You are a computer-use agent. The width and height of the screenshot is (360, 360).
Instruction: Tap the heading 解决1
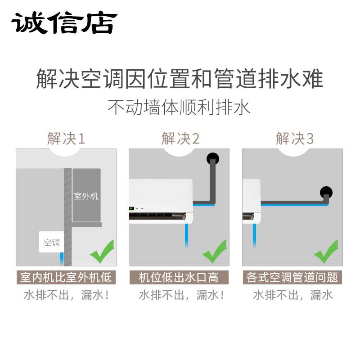click(x=66, y=139)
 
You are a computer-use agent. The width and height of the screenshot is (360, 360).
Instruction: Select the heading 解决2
click(x=180, y=139)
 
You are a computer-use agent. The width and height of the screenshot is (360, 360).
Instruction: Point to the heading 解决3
click(x=294, y=139)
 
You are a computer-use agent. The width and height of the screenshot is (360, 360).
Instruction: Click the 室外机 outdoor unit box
click(x=86, y=196)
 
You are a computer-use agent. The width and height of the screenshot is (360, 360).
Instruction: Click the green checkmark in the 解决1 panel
click(x=102, y=252)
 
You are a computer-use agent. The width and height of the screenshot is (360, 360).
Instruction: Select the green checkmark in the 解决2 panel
click(x=215, y=252)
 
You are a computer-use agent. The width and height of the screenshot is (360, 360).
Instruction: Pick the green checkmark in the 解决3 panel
click(x=326, y=252)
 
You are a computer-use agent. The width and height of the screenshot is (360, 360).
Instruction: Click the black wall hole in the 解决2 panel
click(x=212, y=158)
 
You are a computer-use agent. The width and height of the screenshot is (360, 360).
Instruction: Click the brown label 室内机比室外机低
click(x=66, y=277)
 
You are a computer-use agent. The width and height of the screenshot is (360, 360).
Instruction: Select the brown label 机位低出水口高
click(x=179, y=277)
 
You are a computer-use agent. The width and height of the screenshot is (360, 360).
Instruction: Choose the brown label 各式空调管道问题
click(x=292, y=277)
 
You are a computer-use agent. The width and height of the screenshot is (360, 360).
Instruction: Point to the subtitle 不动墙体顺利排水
click(x=180, y=108)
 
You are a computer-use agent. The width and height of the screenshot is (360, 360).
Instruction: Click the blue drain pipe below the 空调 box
click(x=62, y=259)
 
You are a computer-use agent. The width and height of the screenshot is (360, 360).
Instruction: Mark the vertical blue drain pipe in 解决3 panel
click(x=255, y=234)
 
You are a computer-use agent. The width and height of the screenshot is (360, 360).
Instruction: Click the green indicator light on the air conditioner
click(x=132, y=208)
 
